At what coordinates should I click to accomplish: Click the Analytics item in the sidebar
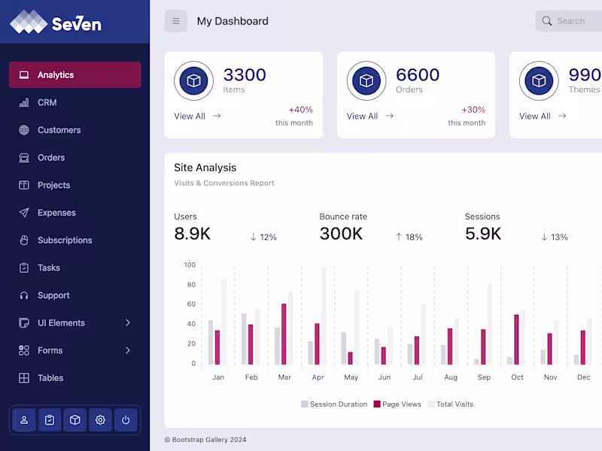pyautogui.click(x=74, y=75)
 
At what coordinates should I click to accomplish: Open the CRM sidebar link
pyautogui.click(x=47, y=102)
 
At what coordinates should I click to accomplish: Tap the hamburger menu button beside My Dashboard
pyautogui.click(x=176, y=21)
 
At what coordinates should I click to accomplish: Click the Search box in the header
pyautogui.click(x=572, y=21)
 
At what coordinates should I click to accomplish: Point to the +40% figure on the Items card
pyautogui.click(x=300, y=110)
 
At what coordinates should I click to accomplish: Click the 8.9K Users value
pyautogui.click(x=192, y=234)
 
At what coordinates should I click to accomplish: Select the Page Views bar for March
pyautogui.click(x=284, y=334)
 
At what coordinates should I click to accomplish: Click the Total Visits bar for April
pyautogui.click(x=324, y=316)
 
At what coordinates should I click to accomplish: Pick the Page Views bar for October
pyautogui.click(x=516, y=339)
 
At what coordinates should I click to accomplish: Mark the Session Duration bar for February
pyautogui.click(x=244, y=339)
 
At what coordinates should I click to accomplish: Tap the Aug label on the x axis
pyautogui.click(x=451, y=377)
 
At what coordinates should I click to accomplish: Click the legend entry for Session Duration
pyautogui.click(x=334, y=404)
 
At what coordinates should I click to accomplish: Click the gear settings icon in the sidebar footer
pyautogui.click(x=100, y=420)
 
